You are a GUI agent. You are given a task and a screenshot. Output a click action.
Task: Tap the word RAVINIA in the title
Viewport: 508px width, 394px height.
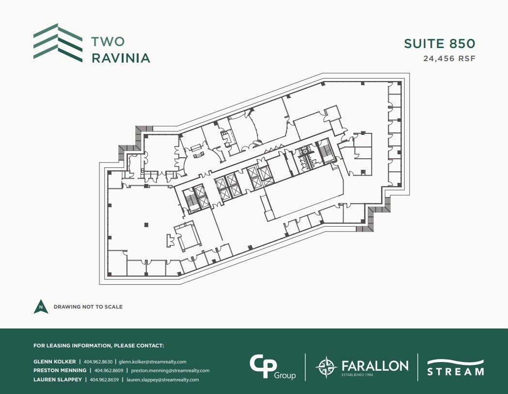coord(121,58)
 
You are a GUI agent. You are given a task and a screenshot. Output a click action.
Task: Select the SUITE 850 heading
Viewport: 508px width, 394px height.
coord(440,44)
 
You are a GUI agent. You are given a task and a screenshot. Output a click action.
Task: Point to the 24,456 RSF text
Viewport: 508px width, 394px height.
coord(450,59)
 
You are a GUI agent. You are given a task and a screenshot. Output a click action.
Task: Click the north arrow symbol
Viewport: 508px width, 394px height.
coord(41,307)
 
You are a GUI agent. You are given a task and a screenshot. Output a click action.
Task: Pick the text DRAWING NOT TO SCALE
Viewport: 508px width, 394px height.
coord(88,307)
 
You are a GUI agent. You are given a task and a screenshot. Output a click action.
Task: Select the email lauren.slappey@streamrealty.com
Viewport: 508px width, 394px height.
coord(163,379)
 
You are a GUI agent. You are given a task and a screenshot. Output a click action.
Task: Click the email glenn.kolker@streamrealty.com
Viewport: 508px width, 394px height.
coord(153,361)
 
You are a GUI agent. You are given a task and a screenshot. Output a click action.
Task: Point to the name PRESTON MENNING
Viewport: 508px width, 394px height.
coord(59,371)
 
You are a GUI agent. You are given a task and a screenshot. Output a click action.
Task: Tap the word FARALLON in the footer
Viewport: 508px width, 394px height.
coord(375,365)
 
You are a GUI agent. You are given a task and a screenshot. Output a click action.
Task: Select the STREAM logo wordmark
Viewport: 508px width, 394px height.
coord(455,371)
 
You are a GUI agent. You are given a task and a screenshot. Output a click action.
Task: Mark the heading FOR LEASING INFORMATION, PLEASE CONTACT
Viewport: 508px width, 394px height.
coord(99,346)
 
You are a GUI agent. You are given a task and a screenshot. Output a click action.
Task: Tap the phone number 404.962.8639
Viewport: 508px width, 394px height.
coord(106,379)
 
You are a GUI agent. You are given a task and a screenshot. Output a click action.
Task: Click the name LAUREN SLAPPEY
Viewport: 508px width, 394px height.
coord(58,379)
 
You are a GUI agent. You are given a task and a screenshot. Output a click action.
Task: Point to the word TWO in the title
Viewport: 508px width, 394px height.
coord(108,42)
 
